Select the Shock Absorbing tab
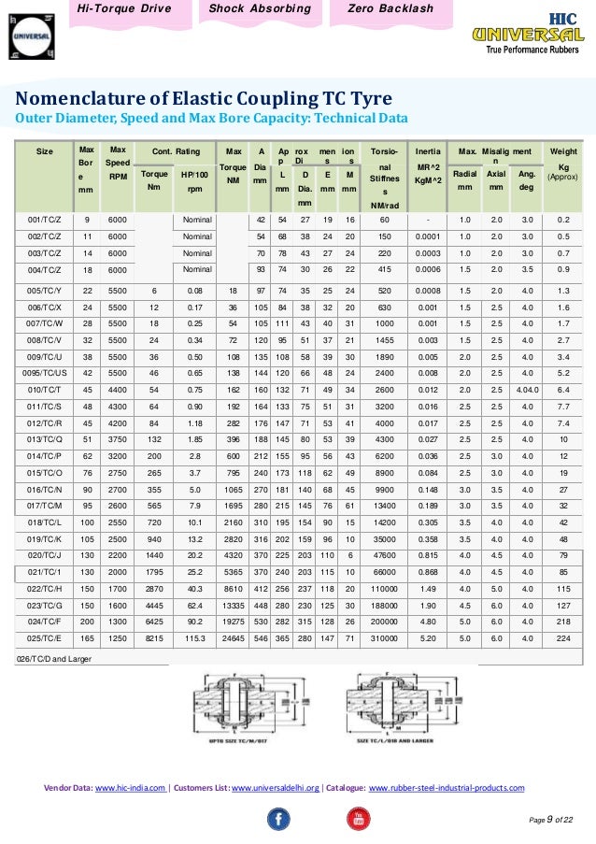tap(260, 9)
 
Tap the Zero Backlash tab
tap(390, 9)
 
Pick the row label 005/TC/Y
tap(45, 291)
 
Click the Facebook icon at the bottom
tap(278, 819)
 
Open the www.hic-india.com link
tap(131, 788)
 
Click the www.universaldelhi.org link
tap(276, 788)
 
